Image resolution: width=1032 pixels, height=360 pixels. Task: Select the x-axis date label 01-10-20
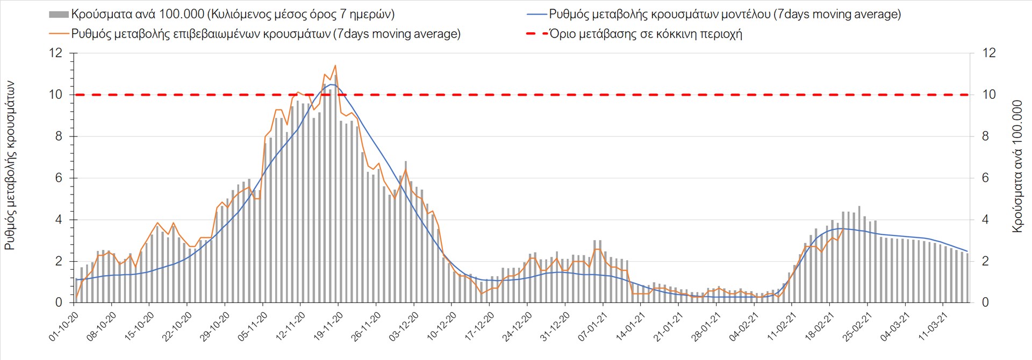[x=63, y=326]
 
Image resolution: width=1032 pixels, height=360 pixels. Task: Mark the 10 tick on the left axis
[x=56, y=95]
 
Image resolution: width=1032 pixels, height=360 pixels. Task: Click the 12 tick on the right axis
[x=989, y=53]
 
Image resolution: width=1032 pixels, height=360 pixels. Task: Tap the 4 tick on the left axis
[x=59, y=220]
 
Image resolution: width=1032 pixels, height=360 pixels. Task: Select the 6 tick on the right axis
[x=985, y=178]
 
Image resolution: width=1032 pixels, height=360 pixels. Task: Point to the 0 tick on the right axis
[x=985, y=303]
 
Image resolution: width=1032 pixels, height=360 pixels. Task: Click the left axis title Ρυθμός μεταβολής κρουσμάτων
[x=10, y=165]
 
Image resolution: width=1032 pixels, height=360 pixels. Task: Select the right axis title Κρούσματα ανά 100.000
[x=1017, y=165]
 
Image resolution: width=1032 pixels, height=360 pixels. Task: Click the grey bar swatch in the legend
[x=59, y=15]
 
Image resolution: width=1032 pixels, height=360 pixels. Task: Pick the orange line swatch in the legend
[x=59, y=34]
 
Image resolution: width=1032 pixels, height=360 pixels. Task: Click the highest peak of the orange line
[x=335, y=66]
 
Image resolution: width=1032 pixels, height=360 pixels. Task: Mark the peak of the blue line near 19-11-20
[x=332, y=84]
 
